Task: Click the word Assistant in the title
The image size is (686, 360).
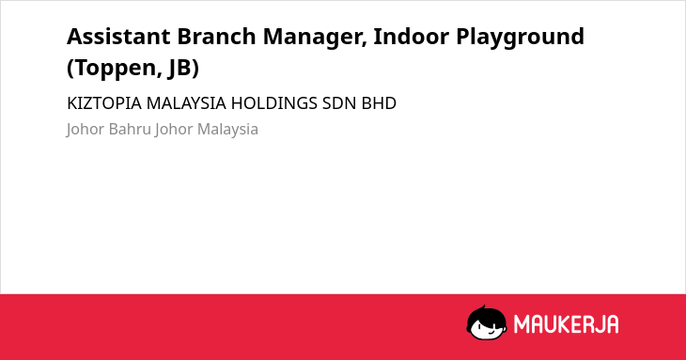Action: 118,37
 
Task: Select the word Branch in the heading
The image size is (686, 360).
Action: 216,37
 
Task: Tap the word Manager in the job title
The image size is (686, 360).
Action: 315,38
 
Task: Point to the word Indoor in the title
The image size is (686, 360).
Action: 411,37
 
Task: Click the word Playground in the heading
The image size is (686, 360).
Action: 521,38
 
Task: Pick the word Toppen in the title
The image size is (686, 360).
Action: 115,69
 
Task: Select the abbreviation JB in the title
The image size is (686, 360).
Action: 184,69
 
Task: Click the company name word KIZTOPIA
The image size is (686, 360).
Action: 104,103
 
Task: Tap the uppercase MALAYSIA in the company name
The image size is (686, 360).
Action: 186,103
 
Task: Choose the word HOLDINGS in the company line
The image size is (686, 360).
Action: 273,103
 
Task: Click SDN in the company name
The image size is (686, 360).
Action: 339,103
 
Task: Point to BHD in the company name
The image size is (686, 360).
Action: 379,103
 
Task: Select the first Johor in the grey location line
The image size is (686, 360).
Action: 86,130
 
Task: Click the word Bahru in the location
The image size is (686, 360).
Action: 130,129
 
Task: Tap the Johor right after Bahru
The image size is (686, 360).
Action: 174,130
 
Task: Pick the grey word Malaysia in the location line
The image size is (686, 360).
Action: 227,130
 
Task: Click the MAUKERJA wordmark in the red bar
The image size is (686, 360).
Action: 566,324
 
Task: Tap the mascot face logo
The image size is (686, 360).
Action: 487,323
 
